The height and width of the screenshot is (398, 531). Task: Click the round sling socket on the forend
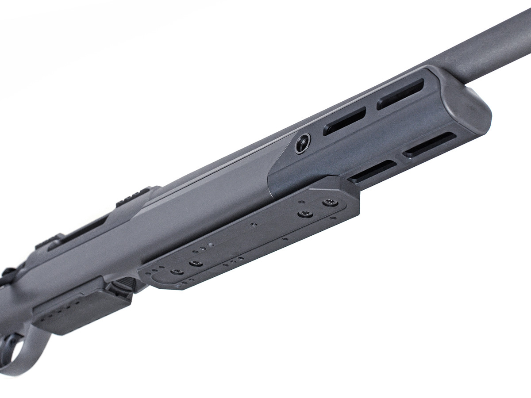(x=302, y=143)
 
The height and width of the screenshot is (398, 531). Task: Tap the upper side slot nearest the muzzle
(x=400, y=94)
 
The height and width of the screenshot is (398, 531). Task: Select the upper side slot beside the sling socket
(x=344, y=121)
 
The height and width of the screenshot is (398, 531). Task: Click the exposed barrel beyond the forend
(x=487, y=49)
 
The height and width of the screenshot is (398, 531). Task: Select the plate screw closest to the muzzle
(x=330, y=203)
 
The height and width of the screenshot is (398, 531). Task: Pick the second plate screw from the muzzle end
(x=305, y=214)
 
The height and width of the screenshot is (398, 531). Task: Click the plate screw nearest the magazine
(x=177, y=272)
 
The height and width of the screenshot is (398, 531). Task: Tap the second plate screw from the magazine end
(x=196, y=264)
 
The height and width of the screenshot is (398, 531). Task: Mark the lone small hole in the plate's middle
(x=254, y=225)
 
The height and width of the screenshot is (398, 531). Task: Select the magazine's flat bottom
(x=80, y=310)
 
